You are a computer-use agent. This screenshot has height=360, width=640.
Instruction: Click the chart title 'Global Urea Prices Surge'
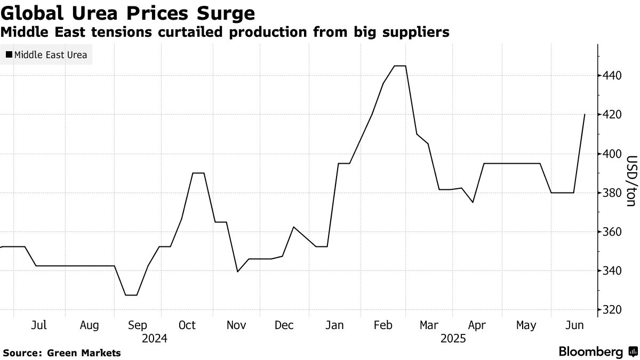tap(127, 13)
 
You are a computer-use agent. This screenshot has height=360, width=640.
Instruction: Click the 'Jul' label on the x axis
tap(39, 325)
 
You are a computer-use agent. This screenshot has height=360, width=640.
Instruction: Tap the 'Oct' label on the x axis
tap(187, 325)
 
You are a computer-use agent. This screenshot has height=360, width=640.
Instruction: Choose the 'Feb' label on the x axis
tap(382, 325)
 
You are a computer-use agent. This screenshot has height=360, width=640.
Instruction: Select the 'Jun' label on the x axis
tap(574, 325)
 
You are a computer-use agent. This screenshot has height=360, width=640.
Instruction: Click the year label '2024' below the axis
tap(155, 339)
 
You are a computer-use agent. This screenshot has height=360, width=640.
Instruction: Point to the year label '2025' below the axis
tap(453, 339)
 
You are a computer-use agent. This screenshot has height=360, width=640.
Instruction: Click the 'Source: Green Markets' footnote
tap(62, 353)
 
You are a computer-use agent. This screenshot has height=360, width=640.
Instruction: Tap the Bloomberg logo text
tap(590, 352)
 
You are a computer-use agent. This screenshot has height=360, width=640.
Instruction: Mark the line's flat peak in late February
tap(400, 66)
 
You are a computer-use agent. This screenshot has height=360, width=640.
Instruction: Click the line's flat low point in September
tap(131, 295)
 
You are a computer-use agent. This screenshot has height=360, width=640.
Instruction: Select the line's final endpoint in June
tap(585, 115)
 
